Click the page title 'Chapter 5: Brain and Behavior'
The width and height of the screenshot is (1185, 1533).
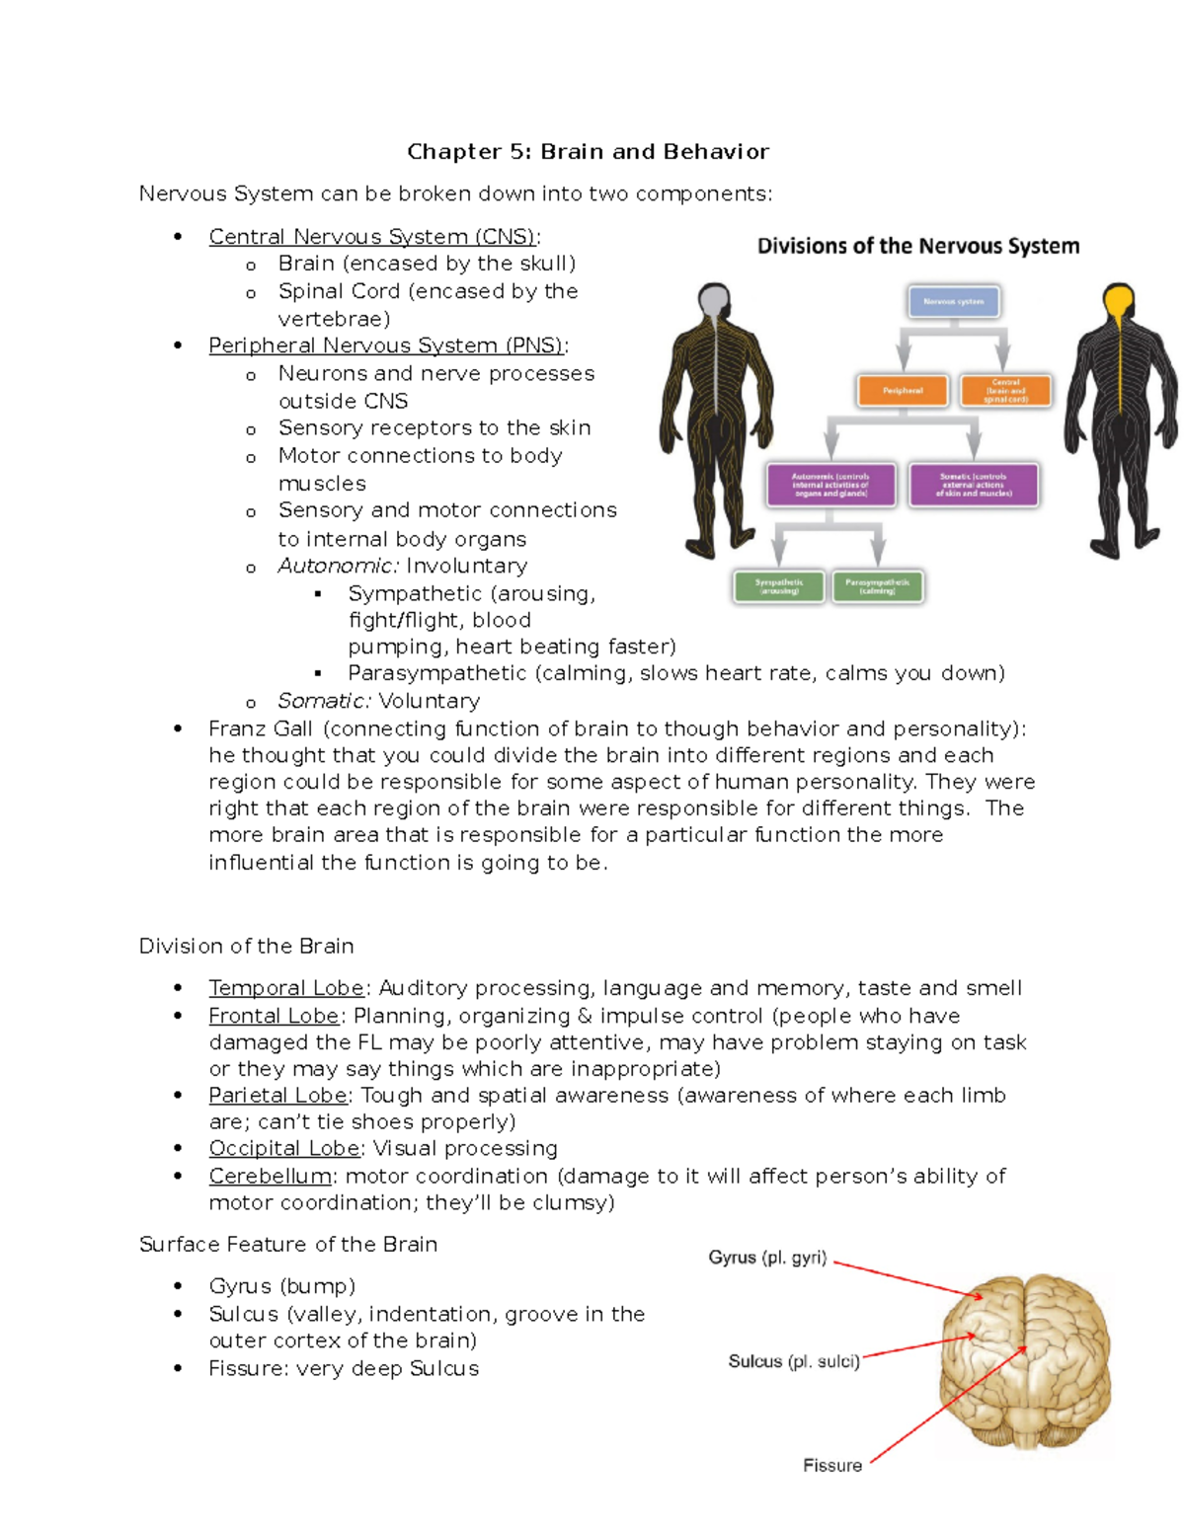pyautogui.click(x=588, y=152)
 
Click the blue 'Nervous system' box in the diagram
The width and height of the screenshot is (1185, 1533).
pyautogui.click(x=953, y=302)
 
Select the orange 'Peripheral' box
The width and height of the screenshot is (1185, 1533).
pyautogui.click(x=903, y=391)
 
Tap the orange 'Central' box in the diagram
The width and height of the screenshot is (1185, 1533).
pyautogui.click(x=1005, y=391)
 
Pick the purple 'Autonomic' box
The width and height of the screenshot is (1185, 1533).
pyautogui.click(x=830, y=485)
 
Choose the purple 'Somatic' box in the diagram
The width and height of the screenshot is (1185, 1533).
pyautogui.click(x=974, y=485)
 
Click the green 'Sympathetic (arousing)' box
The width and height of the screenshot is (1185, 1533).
pyautogui.click(x=779, y=586)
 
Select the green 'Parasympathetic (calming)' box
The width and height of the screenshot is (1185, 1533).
pyautogui.click(x=878, y=586)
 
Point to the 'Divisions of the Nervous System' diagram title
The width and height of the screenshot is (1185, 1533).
pyautogui.click(x=918, y=247)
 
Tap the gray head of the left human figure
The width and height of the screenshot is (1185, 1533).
pyautogui.click(x=714, y=300)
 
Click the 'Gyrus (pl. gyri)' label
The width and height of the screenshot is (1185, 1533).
pyautogui.click(x=767, y=1258)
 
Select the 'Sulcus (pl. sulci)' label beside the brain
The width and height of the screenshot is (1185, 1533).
pyautogui.click(x=794, y=1361)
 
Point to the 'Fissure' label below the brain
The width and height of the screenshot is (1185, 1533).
pyautogui.click(x=832, y=1466)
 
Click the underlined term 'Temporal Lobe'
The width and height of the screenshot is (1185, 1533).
pyautogui.click(x=286, y=988)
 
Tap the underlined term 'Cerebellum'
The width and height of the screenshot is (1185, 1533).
pyautogui.click(x=270, y=1176)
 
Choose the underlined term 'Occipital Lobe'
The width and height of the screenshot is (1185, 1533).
pyautogui.click(x=284, y=1148)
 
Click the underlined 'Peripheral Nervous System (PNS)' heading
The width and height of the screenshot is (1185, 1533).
pyautogui.click(x=386, y=345)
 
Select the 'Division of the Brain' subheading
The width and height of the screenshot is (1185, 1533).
pyautogui.click(x=246, y=946)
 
